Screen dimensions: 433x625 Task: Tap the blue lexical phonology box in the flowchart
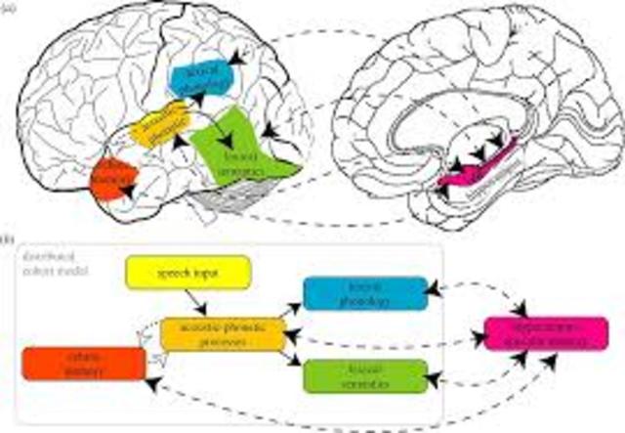[363, 293]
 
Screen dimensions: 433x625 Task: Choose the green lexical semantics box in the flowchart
[364, 375]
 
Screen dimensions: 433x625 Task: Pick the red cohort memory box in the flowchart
[83, 364]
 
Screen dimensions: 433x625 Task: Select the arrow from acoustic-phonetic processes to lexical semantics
[292, 360]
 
